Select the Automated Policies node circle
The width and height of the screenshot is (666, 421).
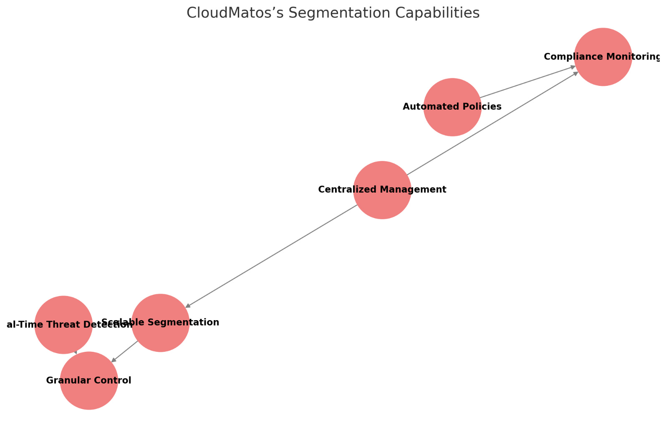452,121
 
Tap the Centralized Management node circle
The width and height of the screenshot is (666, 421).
382,204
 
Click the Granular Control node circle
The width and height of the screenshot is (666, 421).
89,394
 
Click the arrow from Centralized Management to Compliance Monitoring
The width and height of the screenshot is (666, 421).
492,123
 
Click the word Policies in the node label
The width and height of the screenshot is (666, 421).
484,107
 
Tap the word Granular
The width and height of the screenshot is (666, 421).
63,381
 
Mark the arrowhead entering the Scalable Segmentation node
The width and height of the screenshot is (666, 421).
188,306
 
